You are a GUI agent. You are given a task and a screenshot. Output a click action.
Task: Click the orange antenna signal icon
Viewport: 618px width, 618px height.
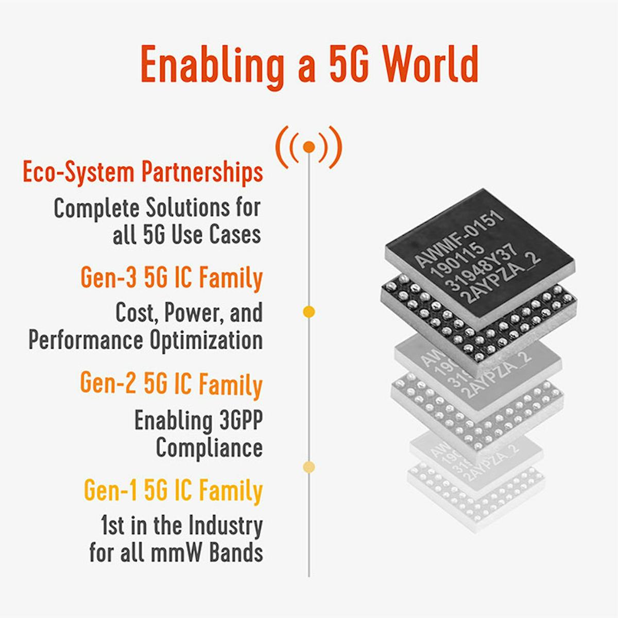[x=309, y=148]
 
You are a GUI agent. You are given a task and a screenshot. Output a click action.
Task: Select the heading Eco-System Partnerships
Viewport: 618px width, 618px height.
[x=143, y=172]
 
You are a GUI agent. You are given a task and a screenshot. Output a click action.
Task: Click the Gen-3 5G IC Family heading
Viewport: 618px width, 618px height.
[x=171, y=278]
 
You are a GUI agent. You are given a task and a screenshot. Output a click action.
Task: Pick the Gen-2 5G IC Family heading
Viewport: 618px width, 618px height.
[x=171, y=384]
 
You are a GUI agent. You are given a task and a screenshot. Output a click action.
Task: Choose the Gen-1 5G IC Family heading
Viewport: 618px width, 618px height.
[x=173, y=490]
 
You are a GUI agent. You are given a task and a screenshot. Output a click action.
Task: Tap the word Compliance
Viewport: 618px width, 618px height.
[x=209, y=447]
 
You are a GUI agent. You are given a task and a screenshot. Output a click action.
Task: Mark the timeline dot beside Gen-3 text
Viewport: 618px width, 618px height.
[x=309, y=312]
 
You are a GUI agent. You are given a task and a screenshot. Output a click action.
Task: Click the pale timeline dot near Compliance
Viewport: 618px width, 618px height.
[x=309, y=467]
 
